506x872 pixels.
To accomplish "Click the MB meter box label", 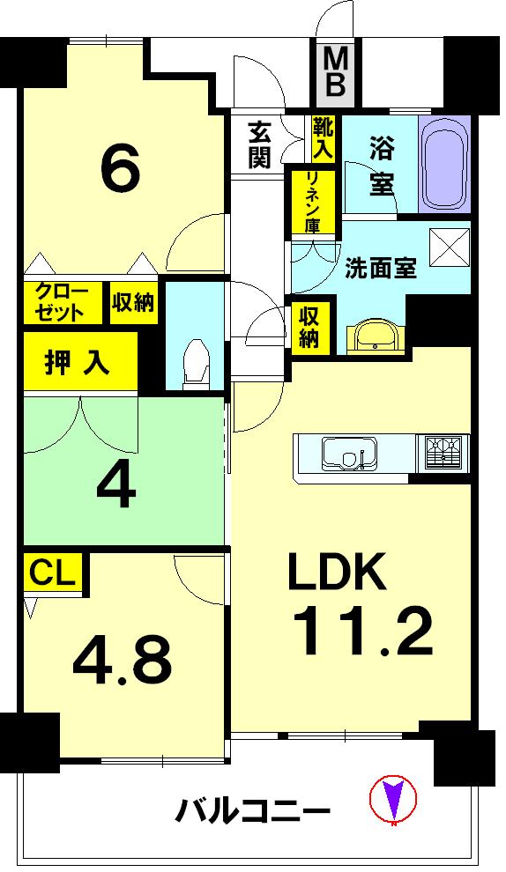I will pyautogui.click(x=336, y=74).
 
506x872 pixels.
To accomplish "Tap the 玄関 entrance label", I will pyautogui.click(x=259, y=144).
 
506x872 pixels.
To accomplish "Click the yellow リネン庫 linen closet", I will pyautogui.click(x=313, y=202).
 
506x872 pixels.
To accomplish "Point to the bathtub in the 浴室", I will pyautogui.click(x=444, y=164).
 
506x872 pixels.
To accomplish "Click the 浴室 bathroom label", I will pyautogui.click(x=381, y=165).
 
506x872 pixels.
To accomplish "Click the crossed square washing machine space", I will pyautogui.click(x=449, y=247).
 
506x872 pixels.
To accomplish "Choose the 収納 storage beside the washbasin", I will pyautogui.click(x=308, y=327).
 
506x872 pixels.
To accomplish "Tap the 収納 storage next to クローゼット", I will pyautogui.click(x=133, y=302).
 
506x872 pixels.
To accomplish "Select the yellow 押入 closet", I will pyautogui.click(x=79, y=362).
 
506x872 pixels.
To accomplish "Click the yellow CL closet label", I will pyautogui.click(x=54, y=573).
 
